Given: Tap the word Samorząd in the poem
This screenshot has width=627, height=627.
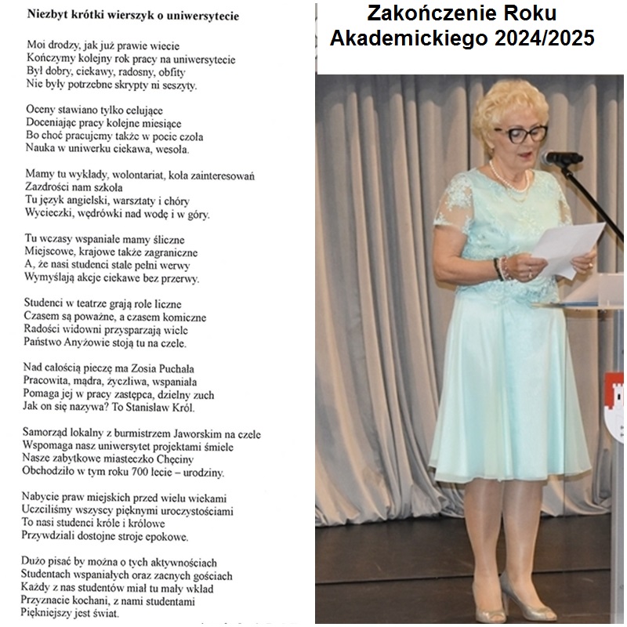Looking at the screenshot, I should click(x=47, y=433).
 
